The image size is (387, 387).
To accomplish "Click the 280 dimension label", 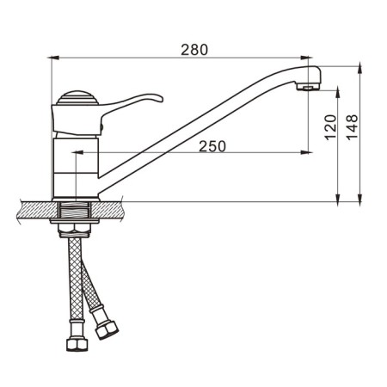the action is point(194,50).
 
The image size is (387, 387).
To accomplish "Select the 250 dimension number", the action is point(212,146).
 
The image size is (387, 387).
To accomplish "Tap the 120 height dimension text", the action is point(330,127).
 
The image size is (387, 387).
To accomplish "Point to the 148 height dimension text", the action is point(353,127).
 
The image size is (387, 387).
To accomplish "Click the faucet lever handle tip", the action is point(161,99).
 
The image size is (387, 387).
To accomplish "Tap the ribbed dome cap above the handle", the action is point(77,98).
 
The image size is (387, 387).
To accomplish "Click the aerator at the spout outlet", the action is point(307,86).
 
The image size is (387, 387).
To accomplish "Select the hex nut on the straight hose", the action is point(77,344).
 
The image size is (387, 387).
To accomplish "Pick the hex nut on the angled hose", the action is point(107,330).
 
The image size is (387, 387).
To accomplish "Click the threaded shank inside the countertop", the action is point(75,210).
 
